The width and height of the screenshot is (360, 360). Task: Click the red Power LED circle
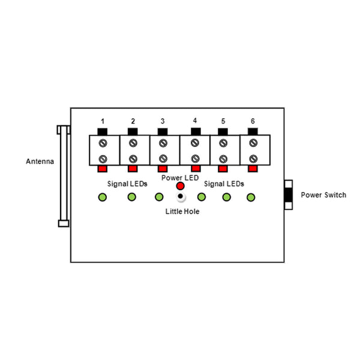pyautogui.click(x=180, y=186)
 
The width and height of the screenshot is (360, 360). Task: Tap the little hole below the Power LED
pyautogui.click(x=181, y=196)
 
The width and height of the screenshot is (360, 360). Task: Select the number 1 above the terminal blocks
pyautogui.click(x=103, y=121)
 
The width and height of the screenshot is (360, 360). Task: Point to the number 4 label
pyautogui.click(x=195, y=121)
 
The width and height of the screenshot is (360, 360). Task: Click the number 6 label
pyautogui.click(x=253, y=121)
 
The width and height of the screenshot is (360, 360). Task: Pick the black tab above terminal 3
pyautogui.click(x=163, y=132)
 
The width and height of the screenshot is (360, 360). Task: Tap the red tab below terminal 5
pyautogui.click(x=223, y=169)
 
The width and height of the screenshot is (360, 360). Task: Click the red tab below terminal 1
pyautogui.click(x=103, y=169)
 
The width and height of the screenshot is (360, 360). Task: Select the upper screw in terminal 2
pyautogui.click(x=133, y=143)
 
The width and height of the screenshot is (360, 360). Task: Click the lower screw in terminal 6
pyautogui.click(x=253, y=158)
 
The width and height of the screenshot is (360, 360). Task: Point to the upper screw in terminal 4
pyautogui.click(x=195, y=143)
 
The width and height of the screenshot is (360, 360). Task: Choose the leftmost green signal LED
pyautogui.click(x=103, y=197)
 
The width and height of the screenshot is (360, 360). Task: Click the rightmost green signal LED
pyautogui.click(x=251, y=197)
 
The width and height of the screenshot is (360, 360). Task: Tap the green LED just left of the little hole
pyautogui.click(x=159, y=197)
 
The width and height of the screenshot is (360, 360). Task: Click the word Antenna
pyautogui.click(x=40, y=161)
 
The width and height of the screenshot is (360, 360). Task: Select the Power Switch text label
pyautogui.click(x=323, y=195)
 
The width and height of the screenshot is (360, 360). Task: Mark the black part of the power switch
pyautogui.click(x=289, y=194)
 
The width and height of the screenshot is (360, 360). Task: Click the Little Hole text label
pyautogui.click(x=182, y=211)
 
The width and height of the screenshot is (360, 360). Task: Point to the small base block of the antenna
pyautogui.click(x=64, y=223)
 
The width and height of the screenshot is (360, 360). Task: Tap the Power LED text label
pyautogui.click(x=180, y=178)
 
